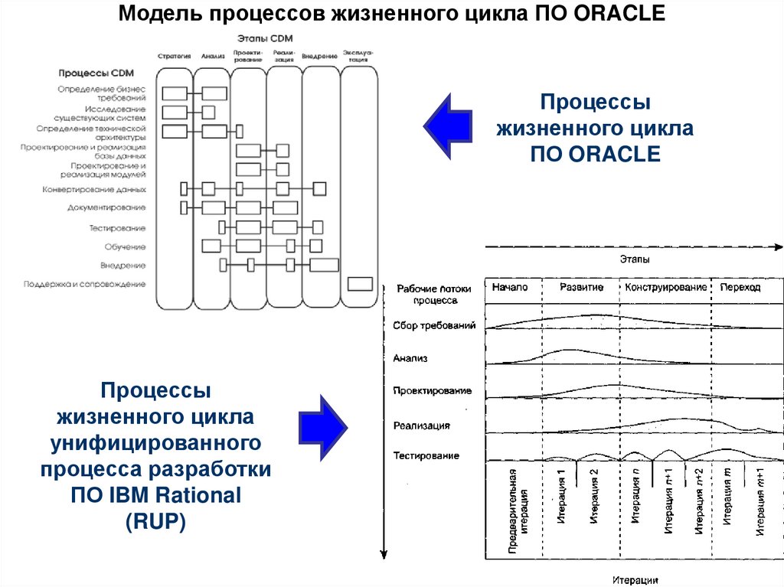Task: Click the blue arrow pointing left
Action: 449,122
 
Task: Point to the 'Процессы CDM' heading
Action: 96,73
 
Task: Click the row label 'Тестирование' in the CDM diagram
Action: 117,228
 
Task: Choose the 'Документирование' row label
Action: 106,207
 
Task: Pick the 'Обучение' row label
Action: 125,246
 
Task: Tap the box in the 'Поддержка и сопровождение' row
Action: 360,284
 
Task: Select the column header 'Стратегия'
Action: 174,56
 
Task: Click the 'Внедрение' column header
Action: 320,56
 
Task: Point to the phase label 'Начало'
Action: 511,287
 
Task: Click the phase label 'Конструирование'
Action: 665,287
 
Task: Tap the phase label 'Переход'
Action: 740,287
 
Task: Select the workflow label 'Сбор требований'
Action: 434,325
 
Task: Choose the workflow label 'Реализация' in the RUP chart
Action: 421,425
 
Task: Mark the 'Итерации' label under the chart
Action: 635,579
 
